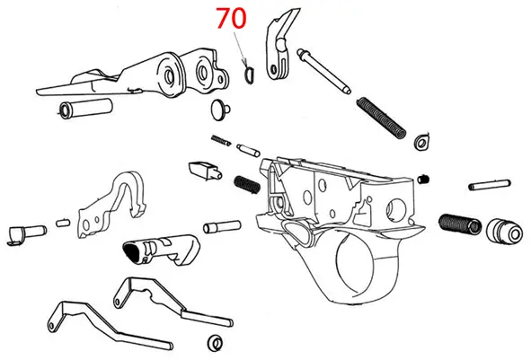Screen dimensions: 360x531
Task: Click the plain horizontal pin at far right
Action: tap(491, 186)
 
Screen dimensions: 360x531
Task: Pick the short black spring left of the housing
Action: tap(247, 183)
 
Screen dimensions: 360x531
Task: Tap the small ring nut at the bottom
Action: tap(214, 342)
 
